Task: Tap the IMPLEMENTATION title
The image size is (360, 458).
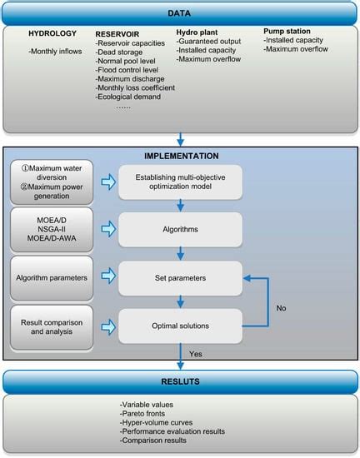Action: (181, 155)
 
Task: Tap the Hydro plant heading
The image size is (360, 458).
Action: (197, 31)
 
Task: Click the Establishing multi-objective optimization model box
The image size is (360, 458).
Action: (179, 182)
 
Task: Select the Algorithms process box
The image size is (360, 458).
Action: (179, 228)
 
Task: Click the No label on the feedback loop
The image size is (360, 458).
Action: (282, 307)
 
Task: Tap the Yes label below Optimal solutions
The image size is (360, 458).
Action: (197, 352)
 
